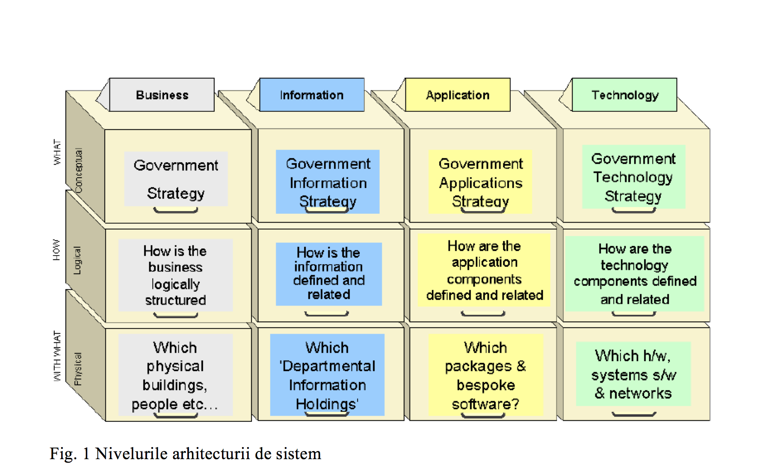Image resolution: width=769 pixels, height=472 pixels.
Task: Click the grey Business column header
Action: tap(162, 95)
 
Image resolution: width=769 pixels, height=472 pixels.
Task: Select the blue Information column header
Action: tap(312, 95)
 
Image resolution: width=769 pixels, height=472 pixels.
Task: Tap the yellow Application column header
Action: tap(458, 95)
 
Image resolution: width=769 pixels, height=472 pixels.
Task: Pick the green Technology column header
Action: tap(624, 95)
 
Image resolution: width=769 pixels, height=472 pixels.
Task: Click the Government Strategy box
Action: tap(176, 179)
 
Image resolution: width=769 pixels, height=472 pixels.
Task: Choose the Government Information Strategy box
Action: tap(328, 182)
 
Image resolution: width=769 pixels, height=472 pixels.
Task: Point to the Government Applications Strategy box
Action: tap(480, 182)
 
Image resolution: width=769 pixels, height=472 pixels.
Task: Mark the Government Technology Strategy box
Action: tap(633, 177)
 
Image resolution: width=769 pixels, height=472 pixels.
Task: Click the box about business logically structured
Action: tap(175, 275)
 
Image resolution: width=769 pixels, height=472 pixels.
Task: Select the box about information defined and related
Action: tap(329, 274)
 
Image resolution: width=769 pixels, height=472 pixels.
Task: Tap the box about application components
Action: tap(484, 270)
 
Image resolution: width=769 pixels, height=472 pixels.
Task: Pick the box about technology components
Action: tap(635, 274)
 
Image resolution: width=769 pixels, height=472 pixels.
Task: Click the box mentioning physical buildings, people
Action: tap(175, 375)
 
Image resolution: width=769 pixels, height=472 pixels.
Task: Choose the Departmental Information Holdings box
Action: tap(327, 375)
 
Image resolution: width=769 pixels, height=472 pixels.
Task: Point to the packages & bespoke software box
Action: tap(485, 375)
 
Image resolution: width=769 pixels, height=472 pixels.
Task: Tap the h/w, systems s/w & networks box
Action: tap(633, 374)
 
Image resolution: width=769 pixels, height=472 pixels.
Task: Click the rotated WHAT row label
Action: tap(57, 152)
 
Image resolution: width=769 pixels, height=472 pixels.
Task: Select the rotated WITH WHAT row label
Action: tap(57, 356)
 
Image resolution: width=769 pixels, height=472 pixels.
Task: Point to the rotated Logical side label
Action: tap(77, 260)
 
